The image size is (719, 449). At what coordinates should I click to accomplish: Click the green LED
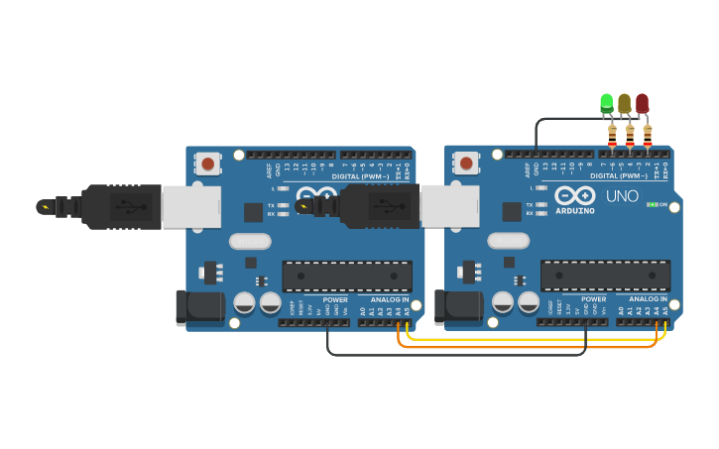(607, 102)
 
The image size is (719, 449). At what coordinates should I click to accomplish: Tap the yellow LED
(624, 102)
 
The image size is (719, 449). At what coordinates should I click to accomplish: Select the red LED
(642, 102)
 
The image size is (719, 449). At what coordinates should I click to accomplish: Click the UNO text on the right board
(622, 195)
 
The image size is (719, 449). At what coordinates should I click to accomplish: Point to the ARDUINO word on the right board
(575, 210)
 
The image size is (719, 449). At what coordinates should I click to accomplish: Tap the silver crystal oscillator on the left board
(250, 241)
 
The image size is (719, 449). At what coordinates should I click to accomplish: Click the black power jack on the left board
(199, 307)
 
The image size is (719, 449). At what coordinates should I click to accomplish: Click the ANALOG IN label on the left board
(390, 299)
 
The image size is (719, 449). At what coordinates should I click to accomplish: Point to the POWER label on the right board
(593, 299)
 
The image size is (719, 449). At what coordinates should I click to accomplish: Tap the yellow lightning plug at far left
(44, 207)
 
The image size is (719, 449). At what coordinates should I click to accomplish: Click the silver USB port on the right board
(449, 205)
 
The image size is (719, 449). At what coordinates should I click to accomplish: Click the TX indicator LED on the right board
(541, 204)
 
